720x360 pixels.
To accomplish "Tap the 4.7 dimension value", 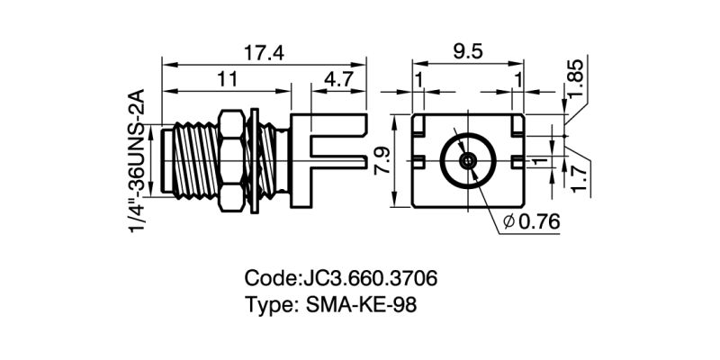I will click(338, 79).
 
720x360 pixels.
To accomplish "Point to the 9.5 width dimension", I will click(468, 51).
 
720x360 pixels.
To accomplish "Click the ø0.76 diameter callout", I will click(534, 221).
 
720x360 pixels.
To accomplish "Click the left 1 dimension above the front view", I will click(419, 79).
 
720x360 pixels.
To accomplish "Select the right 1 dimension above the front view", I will click(517, 79).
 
